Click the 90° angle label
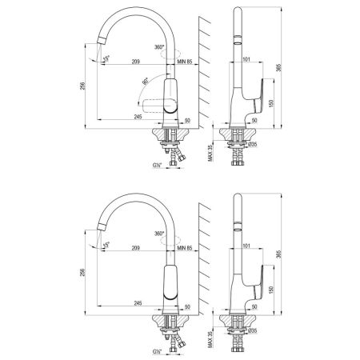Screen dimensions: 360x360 click(144, 81)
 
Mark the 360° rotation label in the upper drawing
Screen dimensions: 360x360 click(159, 49)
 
